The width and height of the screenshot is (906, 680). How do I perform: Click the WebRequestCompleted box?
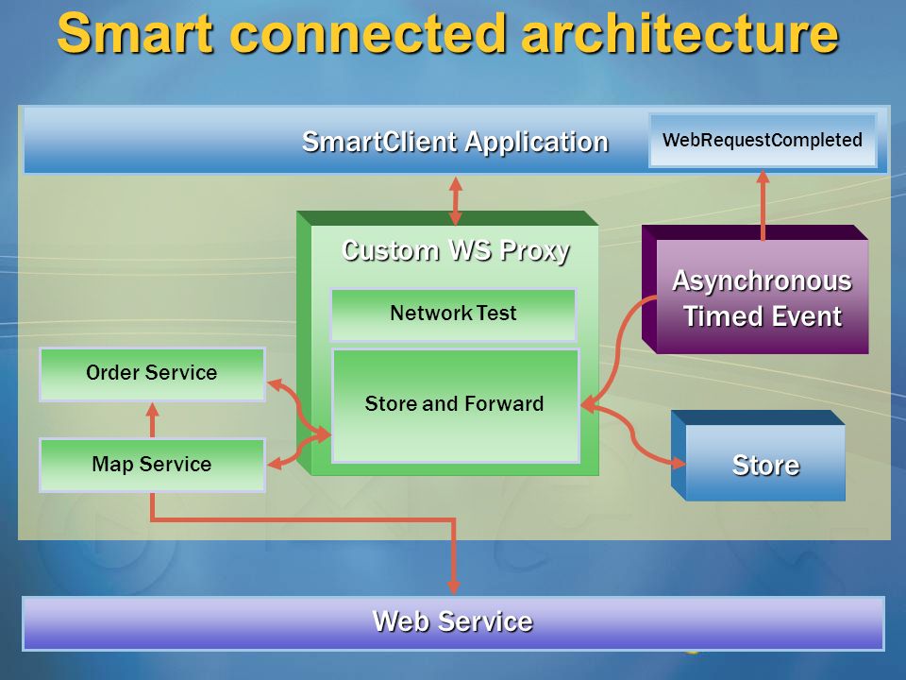pyautogui.click(x=763, y=141)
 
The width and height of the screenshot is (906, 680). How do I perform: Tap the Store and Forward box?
pyautogui.click(x=455, y=405)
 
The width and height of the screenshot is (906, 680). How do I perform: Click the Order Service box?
pyautogui.click(x=152, y=374)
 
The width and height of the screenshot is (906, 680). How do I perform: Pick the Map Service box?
pyautogui.click(x=152, y=465)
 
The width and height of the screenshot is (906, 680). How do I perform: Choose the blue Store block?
pyautogui.click(x=758, y=455)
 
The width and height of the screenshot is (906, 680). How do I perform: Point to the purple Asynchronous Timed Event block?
pyautogui.click(x=755, y=289)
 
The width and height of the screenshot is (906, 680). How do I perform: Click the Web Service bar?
pyautogui.click(x=454, y=622)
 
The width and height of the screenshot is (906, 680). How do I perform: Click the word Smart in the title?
pyautogui.click(x=135, y=34)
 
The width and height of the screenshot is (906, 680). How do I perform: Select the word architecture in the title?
pyautogui.click(x=679, y=34)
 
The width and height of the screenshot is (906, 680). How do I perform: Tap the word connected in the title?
pyautogui.click(x=367, y=34)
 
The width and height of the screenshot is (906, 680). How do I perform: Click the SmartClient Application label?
pyautogui.click(x=455, y=142)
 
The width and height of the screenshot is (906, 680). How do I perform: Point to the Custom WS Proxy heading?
pyautogui.click(x=455, y=251)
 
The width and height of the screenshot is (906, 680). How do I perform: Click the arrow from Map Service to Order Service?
pyautogui.click(x=153, y=420)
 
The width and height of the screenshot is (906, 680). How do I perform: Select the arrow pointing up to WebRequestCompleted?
pyautogui.click(x=763, y=205)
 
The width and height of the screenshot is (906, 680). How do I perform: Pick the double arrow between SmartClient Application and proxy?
pyautogui.click(x=455, y=200)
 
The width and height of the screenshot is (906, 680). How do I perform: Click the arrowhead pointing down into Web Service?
pyautogui.click(x=454, y=586)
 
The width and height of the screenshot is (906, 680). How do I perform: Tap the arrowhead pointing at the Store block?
pyautogui.click(x=678, y=462)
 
